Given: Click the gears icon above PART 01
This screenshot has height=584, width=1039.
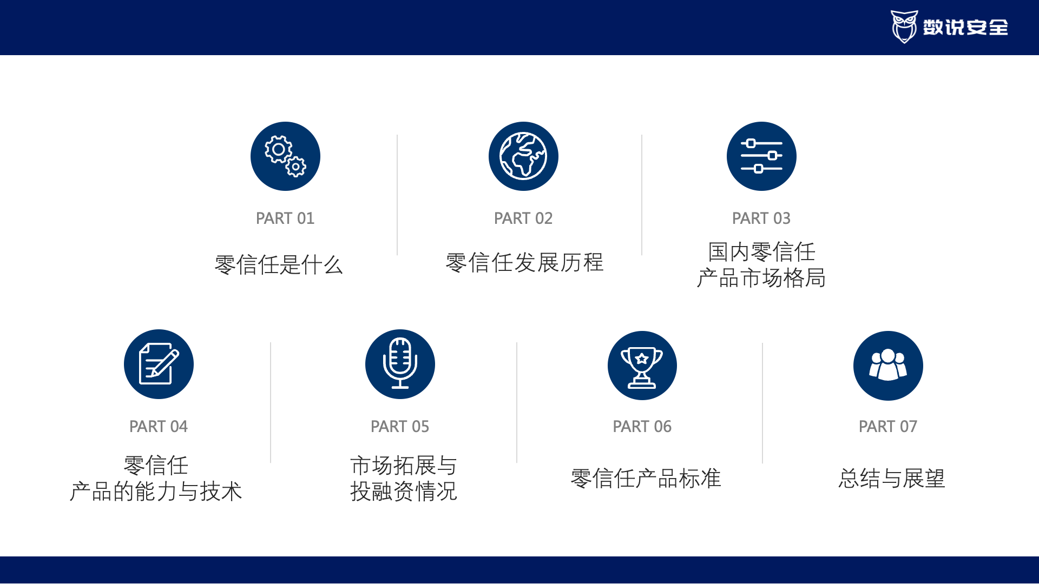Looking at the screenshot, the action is point(285,156).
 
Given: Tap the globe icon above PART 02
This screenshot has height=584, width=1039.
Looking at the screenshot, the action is point(523,156).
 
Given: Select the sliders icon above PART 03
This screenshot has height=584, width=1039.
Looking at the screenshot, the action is point(761,156).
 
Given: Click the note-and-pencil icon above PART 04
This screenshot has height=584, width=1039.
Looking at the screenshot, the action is point(159,364).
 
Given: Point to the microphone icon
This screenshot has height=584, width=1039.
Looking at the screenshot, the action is point(400,364).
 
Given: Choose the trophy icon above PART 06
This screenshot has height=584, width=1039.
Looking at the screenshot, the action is point(642,366).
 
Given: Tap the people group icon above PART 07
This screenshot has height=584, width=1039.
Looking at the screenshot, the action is point(888,366).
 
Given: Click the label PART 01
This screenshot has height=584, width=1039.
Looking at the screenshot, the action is point(285,218).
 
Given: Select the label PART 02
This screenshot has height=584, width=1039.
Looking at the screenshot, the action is point(523,218).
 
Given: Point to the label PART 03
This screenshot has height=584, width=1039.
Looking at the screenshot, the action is point(761,218).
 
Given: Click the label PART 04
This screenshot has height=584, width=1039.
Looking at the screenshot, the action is point(159,427).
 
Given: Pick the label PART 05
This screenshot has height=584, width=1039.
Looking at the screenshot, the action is point(400,427).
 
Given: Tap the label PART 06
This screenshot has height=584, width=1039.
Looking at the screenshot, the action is point(642,427).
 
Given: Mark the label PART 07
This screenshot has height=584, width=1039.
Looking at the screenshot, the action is point(888,427).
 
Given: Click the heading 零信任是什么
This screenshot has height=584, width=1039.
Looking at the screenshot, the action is point(279,265).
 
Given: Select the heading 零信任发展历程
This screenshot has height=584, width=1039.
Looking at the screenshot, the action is point(524,263).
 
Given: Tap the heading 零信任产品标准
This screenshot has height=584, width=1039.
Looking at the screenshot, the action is point(646,479).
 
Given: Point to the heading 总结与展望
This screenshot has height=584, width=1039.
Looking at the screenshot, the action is point(892,479).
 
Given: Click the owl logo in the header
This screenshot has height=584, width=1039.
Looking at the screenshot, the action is point(904,26).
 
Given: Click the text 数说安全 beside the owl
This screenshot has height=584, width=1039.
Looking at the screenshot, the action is point(965,27).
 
